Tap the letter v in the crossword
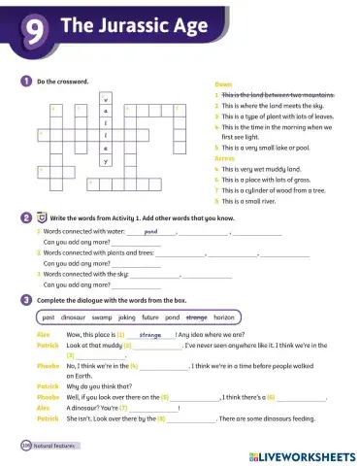click(105, 100)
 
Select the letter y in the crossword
click(105, 160)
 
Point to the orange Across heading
click(224, 156)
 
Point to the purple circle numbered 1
click(24, 81)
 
